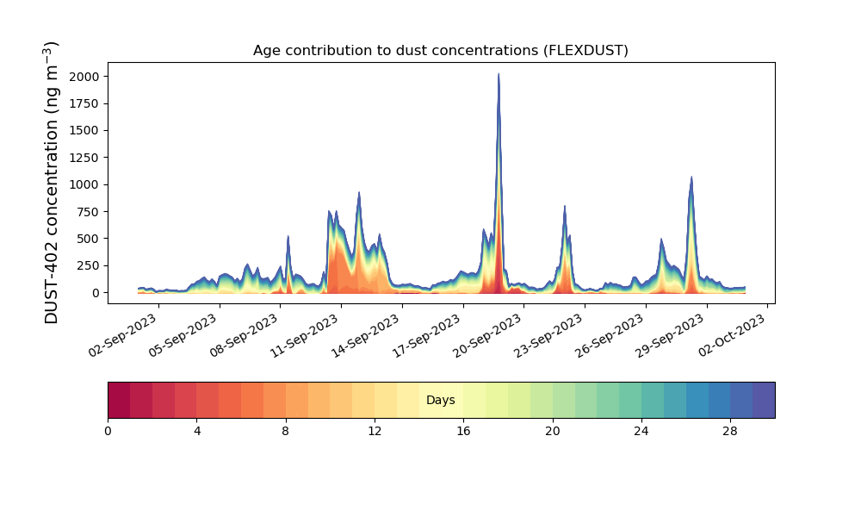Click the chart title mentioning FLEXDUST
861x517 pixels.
(x=440, y=51)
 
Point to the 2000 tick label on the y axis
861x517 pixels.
(x=84, y=77)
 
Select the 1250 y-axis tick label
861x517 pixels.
(x=84, y=158)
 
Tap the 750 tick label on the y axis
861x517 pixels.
(x=88, y=212)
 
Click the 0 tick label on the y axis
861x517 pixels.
(x=96, y=293)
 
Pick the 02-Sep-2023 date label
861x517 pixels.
(x=123, y=334)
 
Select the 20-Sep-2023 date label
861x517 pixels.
(x=487, y=334)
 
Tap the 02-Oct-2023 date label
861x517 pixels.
(x=732, y=334)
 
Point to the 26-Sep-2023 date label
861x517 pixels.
(x=610, y=334)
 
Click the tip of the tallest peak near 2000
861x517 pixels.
(x=499, y=73)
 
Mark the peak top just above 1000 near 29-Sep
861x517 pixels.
(x=691, y=177)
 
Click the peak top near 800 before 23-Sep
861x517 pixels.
(x=565, y=206)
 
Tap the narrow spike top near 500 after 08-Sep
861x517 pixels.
(x=288, y=236)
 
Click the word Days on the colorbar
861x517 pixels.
(x=440, y=400)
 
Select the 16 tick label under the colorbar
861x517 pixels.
(x=463, y=432)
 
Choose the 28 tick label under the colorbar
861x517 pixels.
(x=730, y=432)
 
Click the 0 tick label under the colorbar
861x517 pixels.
(x=108, y=432)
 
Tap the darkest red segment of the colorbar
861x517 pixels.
(x=119, y=400)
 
